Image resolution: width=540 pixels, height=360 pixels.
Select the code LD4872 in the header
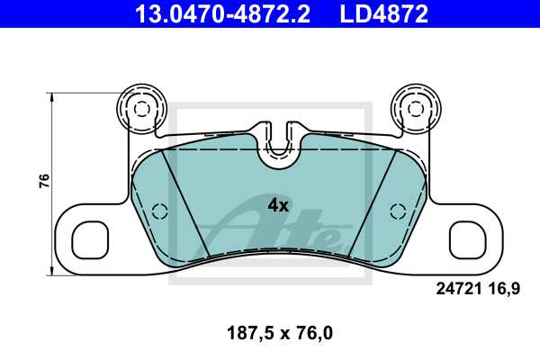(383, 13)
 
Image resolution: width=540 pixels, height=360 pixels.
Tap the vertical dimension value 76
(42, 181)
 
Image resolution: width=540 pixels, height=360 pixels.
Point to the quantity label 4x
(278, 205)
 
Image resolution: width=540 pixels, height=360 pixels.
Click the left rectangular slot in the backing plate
(94, 239)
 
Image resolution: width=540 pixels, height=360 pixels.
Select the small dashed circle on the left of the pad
(160, 211)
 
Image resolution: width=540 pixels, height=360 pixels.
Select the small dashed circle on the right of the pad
(396, 211)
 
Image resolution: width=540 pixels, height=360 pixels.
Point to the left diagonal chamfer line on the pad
(185, 202)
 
